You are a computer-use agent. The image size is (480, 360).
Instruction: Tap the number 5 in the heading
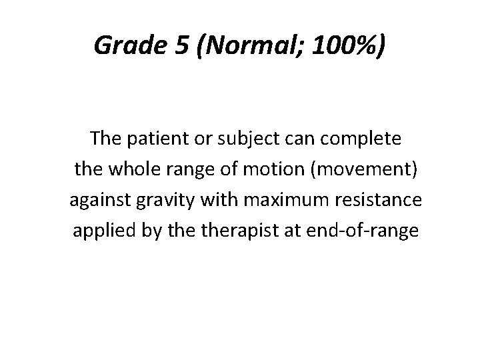pos(179,45)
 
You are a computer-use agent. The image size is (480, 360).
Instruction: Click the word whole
pos(126,170)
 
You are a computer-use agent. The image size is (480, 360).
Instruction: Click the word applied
pos(97,230)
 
